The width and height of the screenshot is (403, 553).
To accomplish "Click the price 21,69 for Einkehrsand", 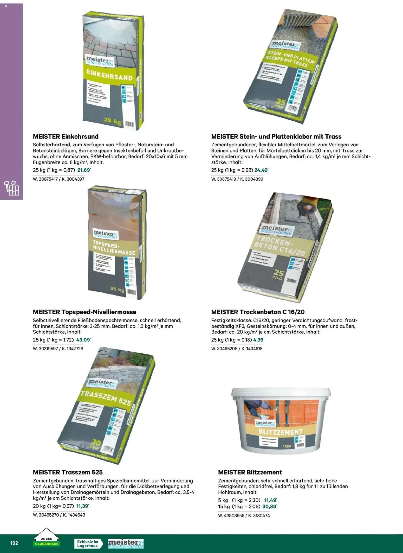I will coord(84,170).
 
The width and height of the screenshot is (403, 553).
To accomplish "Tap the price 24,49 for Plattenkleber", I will coord(261,170).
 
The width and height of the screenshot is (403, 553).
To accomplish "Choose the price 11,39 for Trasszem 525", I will coord(82,506).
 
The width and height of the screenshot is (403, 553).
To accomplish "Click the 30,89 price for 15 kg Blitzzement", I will coord(270,506).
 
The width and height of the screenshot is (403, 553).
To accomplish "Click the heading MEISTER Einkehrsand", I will coord(66,136).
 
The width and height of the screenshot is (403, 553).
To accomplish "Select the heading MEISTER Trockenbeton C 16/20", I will coord(258,312).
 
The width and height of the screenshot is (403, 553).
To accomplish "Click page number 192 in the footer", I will coord(14,543).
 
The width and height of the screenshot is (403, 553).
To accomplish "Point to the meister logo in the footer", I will coord(126,543).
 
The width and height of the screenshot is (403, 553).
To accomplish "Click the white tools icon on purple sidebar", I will coord(11,188).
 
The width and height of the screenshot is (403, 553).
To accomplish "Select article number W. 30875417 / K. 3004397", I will coord(58,179).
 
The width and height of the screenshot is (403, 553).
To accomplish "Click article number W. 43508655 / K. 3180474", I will coord(244,516).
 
